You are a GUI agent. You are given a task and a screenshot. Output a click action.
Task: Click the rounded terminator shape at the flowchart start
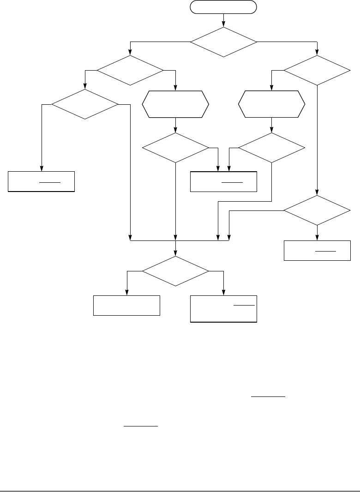pyautogui.click(x=223, y=7)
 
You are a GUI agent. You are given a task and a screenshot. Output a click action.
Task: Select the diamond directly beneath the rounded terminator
pyautogui.click(x=223, y=42)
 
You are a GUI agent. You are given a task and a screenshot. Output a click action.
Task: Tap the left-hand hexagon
pyautogui.click(x=175, y=104)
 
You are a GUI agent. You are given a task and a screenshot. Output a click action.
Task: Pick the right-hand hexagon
pyautogui.click(x=271, y=104)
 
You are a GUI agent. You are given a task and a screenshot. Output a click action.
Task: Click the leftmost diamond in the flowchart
pyautogui.click(x=85, y=104)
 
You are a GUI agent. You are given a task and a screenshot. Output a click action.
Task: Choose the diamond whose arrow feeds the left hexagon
pyautogui.click(x=130, y=71)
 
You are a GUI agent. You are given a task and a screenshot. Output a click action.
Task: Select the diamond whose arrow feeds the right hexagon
pyautogui.click(x=317, y=71)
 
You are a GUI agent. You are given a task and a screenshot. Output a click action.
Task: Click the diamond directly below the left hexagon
pyautogui.click(x=175, y=148)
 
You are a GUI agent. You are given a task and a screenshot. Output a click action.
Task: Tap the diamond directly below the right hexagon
pyautogui.click(x=271, y=148)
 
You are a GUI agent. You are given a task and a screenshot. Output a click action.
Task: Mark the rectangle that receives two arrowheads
pyautogui.click(x=223, y=181)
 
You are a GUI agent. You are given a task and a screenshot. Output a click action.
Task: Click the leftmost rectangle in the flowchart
pyautogui.click(x=42, y=181)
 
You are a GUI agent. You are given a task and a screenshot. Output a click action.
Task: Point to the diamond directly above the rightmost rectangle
pyautogui.click(x=317, y=210)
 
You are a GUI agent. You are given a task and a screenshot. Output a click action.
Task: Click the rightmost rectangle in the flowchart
pyautogui.click(x=317, y=251)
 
